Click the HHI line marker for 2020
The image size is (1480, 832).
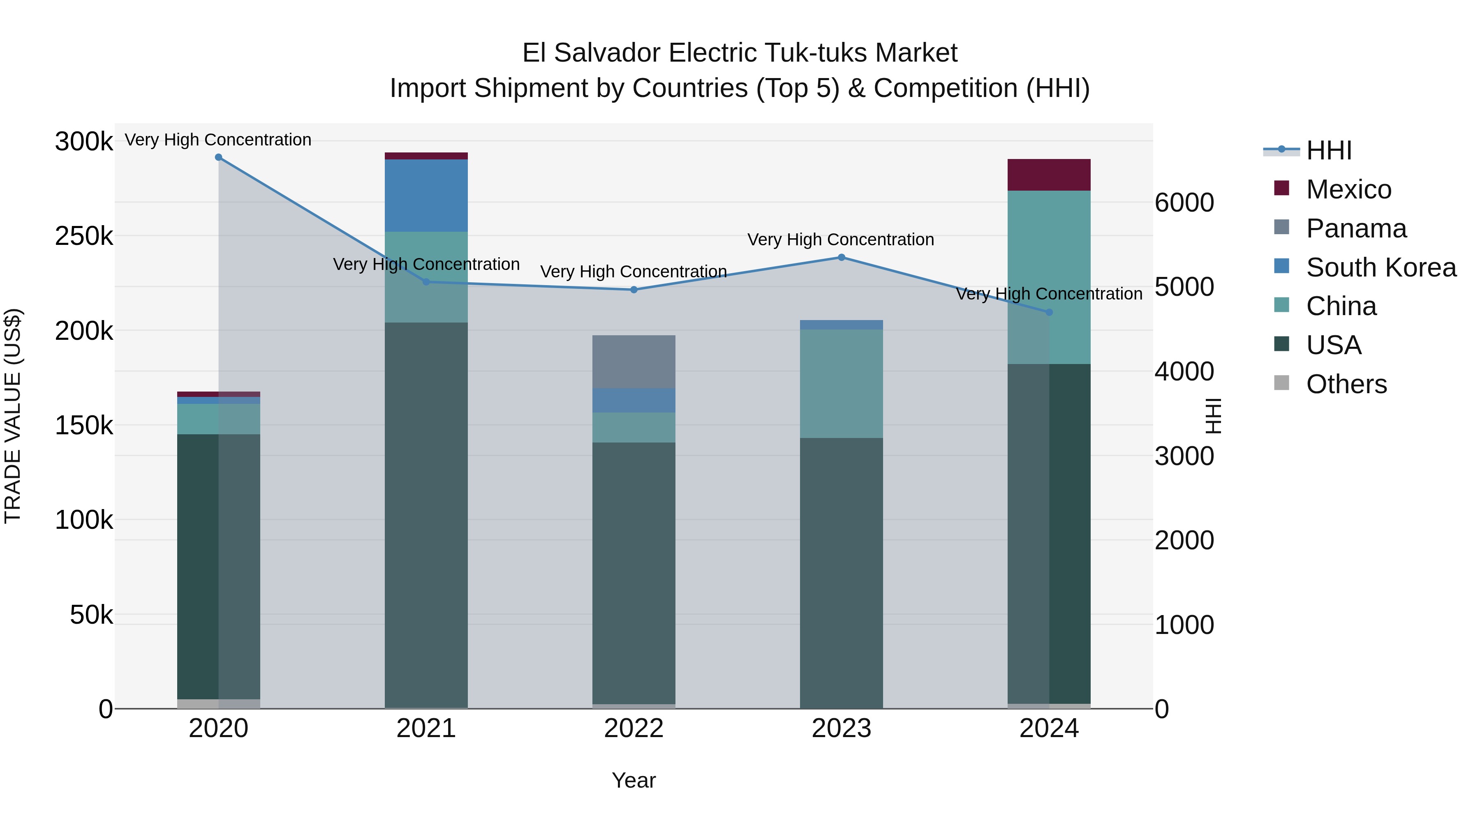[x=218, y=157]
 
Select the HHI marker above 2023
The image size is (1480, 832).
[x=841, y=257]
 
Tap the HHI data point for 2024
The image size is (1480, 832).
[x=1048, y=312]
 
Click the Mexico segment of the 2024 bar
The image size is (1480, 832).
[x=1048, y=175]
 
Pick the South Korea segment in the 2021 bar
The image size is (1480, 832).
[x=426, y=195]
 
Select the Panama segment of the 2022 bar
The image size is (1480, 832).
[x=633, y=362]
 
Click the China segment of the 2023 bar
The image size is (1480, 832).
[x=841, y=384]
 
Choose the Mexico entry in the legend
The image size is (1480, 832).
[x=1348, y=189]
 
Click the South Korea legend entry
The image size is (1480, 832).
[x=1380, y=267]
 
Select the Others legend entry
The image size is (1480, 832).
[x=1346, y=384]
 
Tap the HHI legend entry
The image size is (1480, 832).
[x=1328, y=150]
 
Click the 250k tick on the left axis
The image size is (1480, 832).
[x=84, y=236]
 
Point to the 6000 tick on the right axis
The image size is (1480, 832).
[x=1184, y=203]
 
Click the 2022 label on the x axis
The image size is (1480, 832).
[x=633, y=728]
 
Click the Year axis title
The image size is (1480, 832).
[x=633, y=780]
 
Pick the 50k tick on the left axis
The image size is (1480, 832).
[x=91, y=615]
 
